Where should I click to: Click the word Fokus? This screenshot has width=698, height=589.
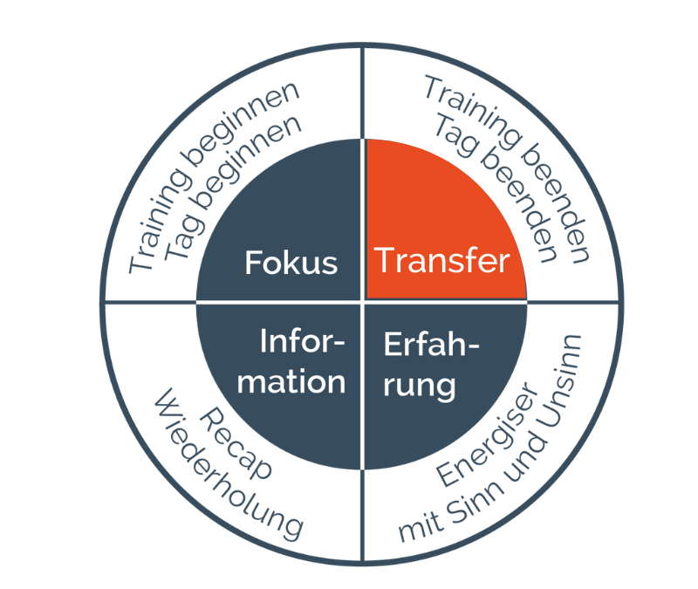coord(291,263)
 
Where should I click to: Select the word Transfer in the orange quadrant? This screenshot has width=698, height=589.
coord(441,260)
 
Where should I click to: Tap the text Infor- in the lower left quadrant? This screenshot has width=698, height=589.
coord(302,341)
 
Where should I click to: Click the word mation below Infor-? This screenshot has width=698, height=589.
coord(291,382)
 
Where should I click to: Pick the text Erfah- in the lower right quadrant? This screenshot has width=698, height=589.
coord(431,344)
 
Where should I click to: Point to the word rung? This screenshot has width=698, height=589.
coord(420,386)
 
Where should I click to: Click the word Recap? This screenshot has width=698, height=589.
coord(235,443)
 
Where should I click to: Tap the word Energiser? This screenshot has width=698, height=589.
coord(489,434)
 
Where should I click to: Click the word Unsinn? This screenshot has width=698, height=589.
coord(559,381)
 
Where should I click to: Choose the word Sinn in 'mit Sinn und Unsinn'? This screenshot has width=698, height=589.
coord(475,503)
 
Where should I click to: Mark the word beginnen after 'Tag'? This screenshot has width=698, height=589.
coord(250,161)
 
